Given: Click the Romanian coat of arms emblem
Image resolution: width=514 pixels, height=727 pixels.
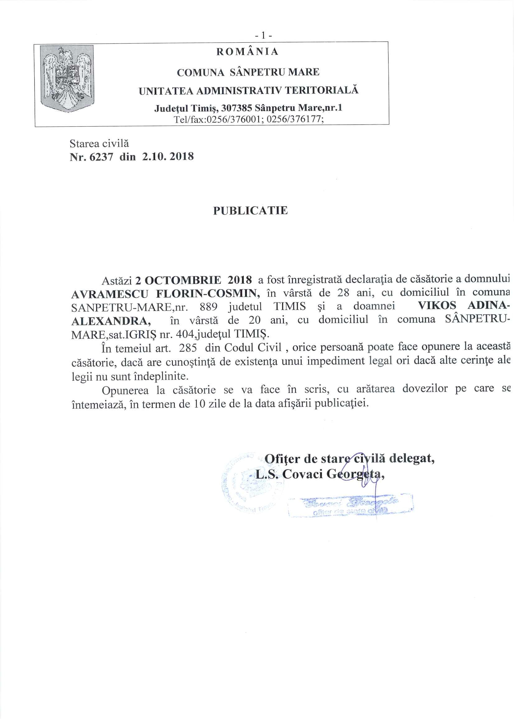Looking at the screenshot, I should click(x=67, y=78).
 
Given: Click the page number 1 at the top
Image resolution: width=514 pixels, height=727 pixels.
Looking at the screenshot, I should click(x=263, y=36).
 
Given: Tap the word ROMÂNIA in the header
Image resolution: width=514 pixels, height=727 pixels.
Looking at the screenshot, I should click(x=247, y=52).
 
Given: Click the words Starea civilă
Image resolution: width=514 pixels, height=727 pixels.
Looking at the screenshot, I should click(x=99, y=143).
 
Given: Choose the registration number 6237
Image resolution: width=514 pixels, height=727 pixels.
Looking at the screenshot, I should click(x=101, y=157).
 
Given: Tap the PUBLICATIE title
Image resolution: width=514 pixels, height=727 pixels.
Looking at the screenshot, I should click(x=250, y=211).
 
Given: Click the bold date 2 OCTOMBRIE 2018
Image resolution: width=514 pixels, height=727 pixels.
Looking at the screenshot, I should click(x=193, y=280).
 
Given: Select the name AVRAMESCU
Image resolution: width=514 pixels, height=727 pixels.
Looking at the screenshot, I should click(x=109, y=294).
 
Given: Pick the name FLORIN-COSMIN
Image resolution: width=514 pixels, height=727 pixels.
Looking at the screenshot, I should click(x=208, y=294).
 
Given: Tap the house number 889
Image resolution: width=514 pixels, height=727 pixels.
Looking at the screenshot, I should click(x=208, y=307).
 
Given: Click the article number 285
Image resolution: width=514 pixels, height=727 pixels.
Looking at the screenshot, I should click(x=188, y=348).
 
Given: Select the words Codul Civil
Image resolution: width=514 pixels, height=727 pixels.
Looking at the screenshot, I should click(x=253, y=347).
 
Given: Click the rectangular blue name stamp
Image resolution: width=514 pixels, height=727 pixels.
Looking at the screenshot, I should click(x=350, y=505).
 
